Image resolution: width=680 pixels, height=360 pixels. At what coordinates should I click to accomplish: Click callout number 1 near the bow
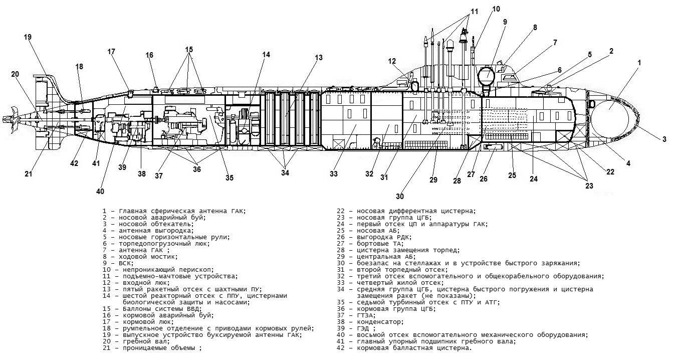639,63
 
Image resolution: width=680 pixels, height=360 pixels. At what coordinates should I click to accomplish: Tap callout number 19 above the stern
28,37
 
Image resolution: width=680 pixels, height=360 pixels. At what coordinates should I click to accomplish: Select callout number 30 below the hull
399,196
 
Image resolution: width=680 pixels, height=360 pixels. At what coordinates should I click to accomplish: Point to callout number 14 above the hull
266,55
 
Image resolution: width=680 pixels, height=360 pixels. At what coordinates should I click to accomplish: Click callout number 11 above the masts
474,11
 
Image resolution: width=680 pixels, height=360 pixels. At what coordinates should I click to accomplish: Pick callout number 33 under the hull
334,174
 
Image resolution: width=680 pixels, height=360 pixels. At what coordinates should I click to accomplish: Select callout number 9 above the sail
505,22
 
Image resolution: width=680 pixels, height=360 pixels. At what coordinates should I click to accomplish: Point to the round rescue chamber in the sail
487,77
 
